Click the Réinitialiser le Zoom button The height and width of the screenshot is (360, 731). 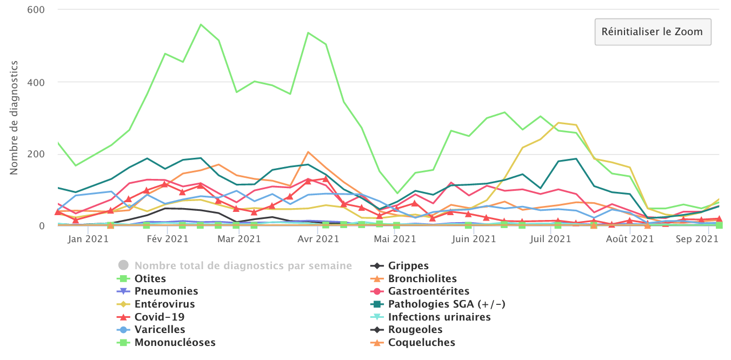(653, 32)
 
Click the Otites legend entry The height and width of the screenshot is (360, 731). (150, 279)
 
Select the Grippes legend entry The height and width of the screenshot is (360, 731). (408, 266)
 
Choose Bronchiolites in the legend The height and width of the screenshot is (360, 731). (422, 279)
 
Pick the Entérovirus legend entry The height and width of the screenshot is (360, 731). (164, 304)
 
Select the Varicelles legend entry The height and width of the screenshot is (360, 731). (160, 330)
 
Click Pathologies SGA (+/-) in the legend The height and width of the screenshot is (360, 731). (447, 304)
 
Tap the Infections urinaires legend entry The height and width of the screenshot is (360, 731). (439, 317)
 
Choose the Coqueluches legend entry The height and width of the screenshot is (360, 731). (421, 343)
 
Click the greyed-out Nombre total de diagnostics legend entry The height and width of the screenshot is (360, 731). (243, 266)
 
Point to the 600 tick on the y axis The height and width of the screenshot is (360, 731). (36, 10)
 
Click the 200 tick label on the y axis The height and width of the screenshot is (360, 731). (36, 154)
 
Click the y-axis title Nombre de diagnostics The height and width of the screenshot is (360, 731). (14, 118)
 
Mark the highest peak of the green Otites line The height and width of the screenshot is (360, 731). (201, 24)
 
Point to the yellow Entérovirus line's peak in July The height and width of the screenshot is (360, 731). (558, 123)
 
